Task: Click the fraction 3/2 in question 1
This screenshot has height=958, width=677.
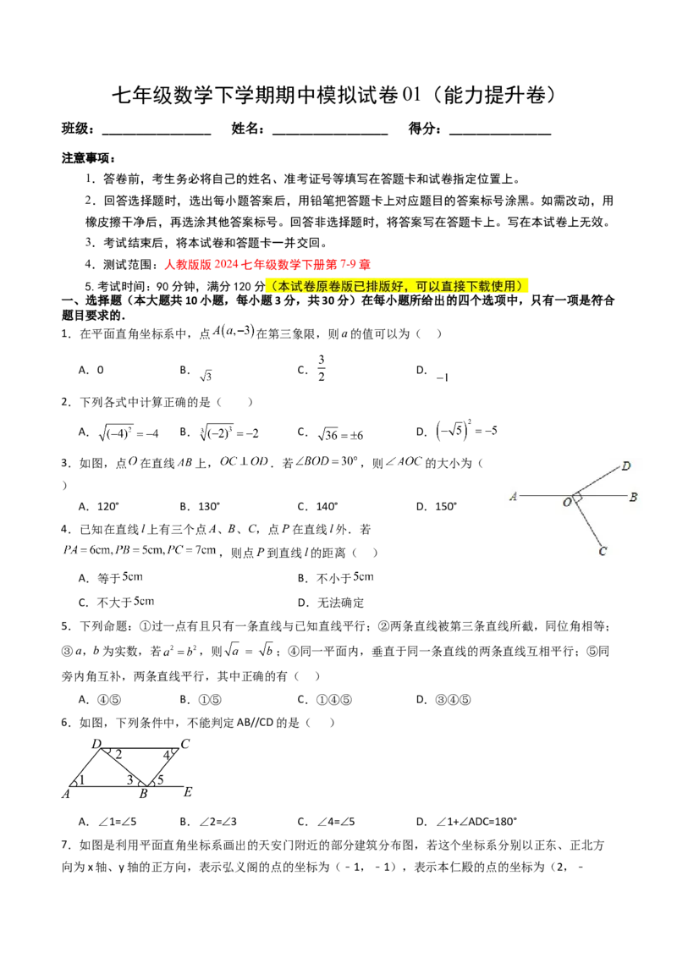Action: coord(322,368)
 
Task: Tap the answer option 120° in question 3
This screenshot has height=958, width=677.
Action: coord(99,506)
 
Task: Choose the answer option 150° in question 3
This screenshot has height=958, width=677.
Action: coord(437,506)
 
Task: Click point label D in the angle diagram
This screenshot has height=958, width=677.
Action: coord(625,466)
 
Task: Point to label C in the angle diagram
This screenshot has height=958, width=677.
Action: coord(603,551)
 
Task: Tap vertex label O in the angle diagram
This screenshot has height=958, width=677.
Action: coord(567,502)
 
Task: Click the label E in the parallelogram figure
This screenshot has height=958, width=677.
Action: coord(188,792)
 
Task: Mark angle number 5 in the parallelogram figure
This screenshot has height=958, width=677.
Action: coord(161,779)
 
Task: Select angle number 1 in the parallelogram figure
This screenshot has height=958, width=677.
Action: coord(81,779)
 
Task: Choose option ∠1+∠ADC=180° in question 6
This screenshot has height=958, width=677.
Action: coord(467,822)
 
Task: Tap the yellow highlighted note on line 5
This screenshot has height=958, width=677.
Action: coord(397,286)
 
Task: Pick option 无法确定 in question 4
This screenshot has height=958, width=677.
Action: coord(331,603)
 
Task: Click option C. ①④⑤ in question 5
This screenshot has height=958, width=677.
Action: coord(325,700)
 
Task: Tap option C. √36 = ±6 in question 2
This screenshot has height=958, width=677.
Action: coord(331,433)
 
